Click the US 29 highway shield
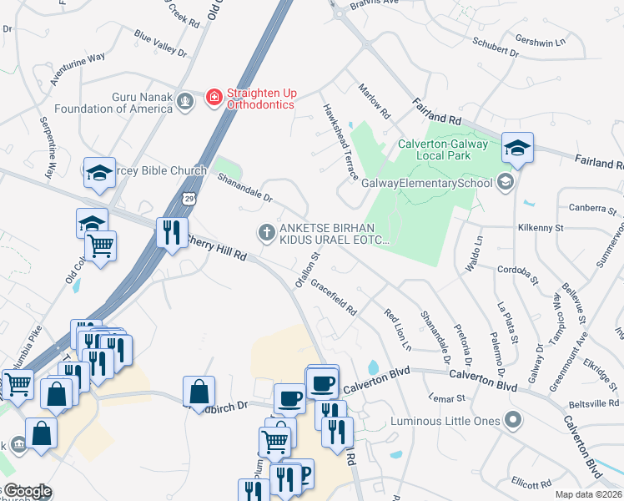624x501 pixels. pos(191,200)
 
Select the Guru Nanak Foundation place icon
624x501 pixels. pos(185,103)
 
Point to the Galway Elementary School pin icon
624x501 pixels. pos(504,181)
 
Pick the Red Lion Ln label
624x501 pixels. pos(398,329)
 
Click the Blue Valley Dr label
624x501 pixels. pos(161,43)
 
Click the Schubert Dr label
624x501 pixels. pos(496,48)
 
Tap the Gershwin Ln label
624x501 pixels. pos(541,41)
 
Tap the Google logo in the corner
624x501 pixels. pos(27,491)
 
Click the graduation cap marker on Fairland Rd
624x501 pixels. pos(518,149)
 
